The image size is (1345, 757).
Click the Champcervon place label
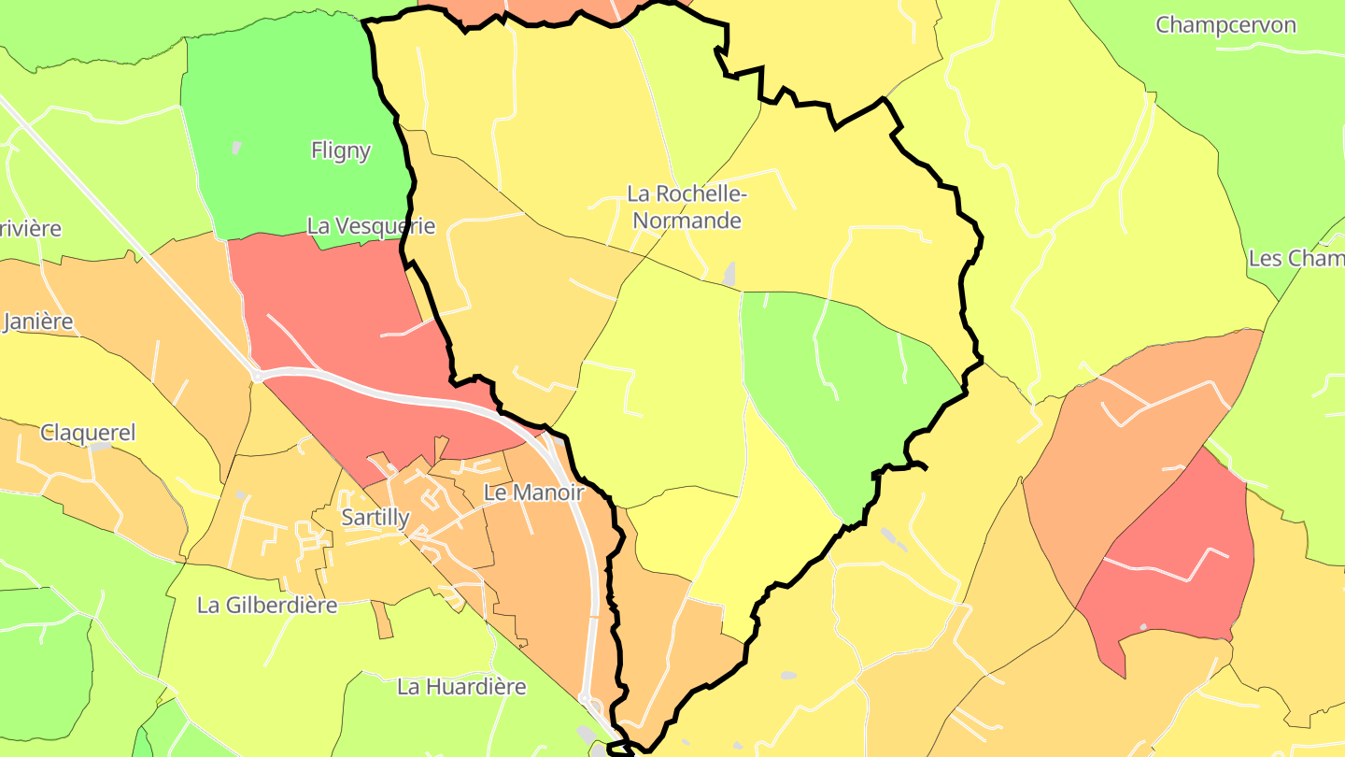tap(1225, 25)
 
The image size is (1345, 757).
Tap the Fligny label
tap(340, 150)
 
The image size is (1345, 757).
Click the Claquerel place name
tap(88, 433)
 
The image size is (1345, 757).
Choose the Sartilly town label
tap(375, 518)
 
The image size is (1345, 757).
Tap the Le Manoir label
tap(533, 493)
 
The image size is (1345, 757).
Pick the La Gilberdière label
tap(267, 605)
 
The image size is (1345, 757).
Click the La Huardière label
tap(461, 687)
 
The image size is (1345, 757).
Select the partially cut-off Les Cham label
tap(1296, 259)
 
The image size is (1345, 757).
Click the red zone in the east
tap(1182, 551)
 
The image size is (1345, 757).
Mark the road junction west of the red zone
tap(256, 376)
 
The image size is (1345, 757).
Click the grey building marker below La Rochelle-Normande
tap(729, 275)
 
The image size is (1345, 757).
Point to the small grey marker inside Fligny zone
tap(237, 147)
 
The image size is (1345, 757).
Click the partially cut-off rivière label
tap(31, 228)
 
